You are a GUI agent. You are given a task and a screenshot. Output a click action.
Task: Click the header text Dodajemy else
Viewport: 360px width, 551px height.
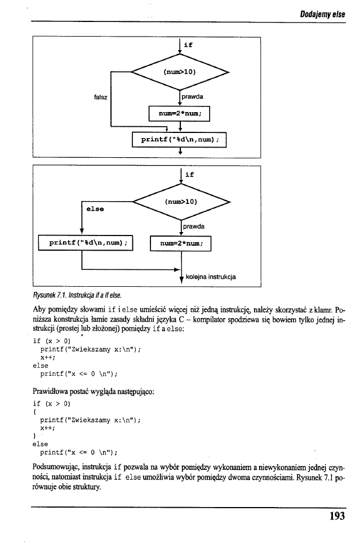[x=322, y=15]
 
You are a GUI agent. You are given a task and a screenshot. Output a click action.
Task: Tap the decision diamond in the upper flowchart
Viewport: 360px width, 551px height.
[x=179, y=72]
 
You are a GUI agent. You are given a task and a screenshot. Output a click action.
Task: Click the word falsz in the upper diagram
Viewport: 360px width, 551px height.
[x=101, y=96]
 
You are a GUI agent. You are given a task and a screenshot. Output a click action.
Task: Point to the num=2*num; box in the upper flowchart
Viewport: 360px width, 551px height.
[x=179, y=114]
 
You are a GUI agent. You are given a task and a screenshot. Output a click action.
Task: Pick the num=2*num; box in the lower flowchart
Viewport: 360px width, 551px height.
[x=180, y=243]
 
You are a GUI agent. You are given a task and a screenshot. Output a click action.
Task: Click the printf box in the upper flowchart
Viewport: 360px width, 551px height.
[x=179, y=139]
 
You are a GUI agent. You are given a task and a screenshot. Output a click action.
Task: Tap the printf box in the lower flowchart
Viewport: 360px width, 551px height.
[x=85, y=243]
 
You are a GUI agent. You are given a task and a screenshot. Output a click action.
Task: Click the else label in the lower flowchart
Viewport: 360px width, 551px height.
[x=94, y=208]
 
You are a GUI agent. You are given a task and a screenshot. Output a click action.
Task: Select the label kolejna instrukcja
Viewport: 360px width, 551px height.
[x=210, y=277]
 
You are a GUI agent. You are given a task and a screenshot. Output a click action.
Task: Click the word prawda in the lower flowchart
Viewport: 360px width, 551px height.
[x=193, y=226]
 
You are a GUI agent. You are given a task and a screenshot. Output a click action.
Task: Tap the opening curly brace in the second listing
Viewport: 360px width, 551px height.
[x=35, y=411]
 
